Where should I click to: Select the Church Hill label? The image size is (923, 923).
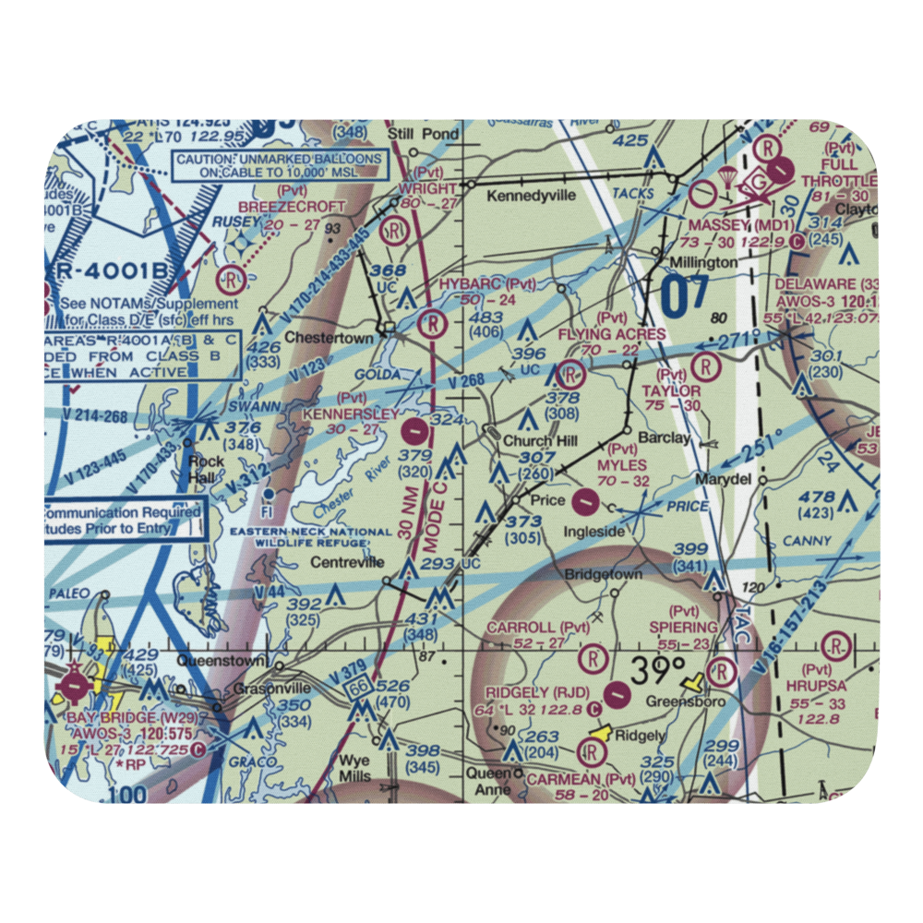point(540,441)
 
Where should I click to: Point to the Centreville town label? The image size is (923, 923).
point(346,561)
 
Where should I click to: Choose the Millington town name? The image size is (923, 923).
point(703,262)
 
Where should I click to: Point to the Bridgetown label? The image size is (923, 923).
point(603,574)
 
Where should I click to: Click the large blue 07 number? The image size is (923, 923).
point(685,297)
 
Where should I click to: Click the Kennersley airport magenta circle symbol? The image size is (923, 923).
point(416,429)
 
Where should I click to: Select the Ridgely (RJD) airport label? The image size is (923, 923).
point(537,692)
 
